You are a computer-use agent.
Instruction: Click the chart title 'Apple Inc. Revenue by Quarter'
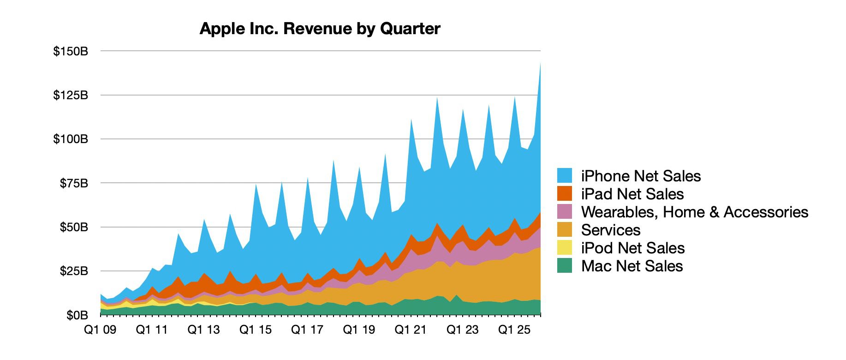320,29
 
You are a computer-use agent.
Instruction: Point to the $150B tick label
71,51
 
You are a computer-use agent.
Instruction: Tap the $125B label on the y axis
71,96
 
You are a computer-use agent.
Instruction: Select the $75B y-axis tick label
74,184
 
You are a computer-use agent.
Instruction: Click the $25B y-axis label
74,271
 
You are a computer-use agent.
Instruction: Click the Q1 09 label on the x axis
100,330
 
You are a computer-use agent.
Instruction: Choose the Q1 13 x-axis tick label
204,330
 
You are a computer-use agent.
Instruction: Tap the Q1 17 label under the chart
307,330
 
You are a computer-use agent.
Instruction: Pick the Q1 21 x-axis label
411,330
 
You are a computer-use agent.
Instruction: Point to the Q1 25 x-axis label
514,330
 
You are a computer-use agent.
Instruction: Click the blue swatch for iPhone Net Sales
565,175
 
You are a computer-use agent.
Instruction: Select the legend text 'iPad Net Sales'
632,194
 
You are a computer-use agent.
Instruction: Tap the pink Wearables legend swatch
565,211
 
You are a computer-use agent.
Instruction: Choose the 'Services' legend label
611,230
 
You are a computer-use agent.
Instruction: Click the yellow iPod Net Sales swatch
565,248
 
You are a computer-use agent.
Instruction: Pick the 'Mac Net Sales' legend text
632,266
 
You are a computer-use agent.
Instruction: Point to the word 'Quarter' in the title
410,29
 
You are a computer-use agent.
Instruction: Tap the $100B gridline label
71,139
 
